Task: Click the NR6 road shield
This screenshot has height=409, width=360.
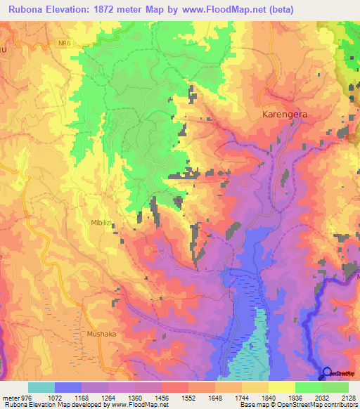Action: click(65, 43)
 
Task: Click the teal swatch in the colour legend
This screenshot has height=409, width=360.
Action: click(41, 387)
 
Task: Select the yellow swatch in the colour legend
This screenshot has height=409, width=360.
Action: click(282, 387)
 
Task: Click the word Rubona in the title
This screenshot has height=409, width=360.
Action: click(30, 9)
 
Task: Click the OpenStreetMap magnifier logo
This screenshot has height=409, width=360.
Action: click(326, 373)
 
